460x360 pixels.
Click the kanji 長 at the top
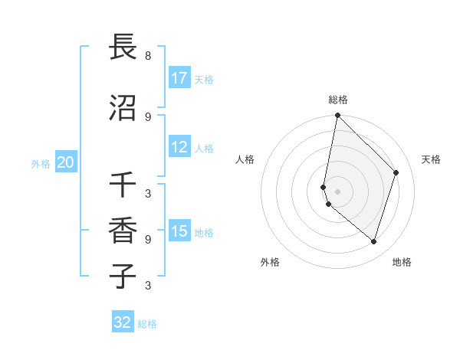[123, 47]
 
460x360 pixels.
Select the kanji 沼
[123, 108]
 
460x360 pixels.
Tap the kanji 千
[123, 185]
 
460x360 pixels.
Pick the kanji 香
[123, 231]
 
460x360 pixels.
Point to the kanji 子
[123, 277]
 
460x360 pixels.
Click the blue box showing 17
[179, 78]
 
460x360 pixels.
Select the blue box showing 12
[179, 147]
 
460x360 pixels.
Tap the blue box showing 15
[179, 231]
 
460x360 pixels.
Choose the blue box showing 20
[65, 162]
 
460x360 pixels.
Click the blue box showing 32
[123, 322]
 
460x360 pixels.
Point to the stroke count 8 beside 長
[148, 56]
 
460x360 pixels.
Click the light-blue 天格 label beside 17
[204, 79]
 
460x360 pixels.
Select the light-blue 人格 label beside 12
[204, 148]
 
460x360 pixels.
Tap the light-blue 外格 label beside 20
[41, 163]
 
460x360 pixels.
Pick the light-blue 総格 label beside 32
[147, 323]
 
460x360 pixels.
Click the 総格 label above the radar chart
[338, 100]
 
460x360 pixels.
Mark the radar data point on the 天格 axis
[396, 172]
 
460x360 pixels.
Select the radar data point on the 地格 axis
[373, 241]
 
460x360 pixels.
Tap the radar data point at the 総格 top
[338, 116]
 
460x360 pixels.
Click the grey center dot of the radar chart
[338, 191]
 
